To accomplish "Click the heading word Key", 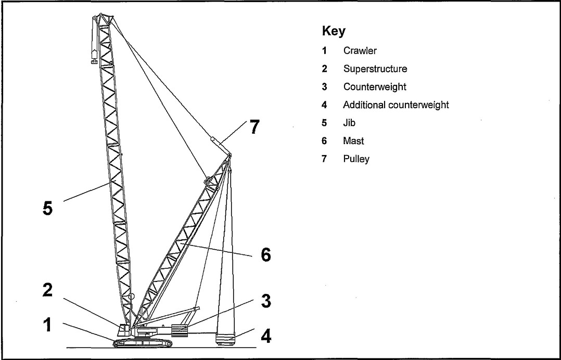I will click(x=334, y=32).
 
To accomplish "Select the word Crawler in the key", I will click(x=360, y=51).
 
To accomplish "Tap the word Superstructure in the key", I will click(x=375, y=69).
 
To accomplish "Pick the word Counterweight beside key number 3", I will click(x=374, y=87).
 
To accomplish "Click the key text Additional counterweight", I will click(x=396, y=105).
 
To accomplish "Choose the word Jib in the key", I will click(x=348, y=123).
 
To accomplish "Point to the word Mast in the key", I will click(x=353, y=141).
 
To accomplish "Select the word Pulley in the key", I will click(x=356, y=159).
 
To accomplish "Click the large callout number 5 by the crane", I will click(x=47, y=208).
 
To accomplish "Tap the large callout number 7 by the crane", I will click(x=253, y=127).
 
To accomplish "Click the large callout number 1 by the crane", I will click(x=47, y=325).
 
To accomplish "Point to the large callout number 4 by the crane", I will click(x=265, y=336).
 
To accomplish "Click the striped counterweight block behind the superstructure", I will click(x=179, y=331).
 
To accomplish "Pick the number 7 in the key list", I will click(x=324, y=159).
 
